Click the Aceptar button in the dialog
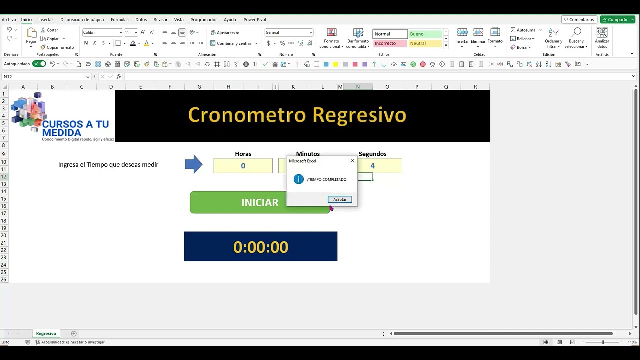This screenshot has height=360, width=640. [340, 199]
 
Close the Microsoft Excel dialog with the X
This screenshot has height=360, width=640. [352, 161]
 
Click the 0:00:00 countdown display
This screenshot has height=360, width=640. [261, 246]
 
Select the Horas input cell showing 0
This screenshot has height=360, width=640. [243, 166]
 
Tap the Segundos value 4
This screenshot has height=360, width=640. [380, 166]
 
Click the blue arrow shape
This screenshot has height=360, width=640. [194, 164]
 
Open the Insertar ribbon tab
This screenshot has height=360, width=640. [46, 20]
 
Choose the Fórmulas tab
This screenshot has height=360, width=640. [120, 20]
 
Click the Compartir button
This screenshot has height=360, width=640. [617, 20]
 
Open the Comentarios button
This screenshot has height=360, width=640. [579, 20]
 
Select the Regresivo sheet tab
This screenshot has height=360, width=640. [46, 333]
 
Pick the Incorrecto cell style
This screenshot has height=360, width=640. [390, 43]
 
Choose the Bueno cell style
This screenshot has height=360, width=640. [425, 34]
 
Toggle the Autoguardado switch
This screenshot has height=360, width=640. [39, 64]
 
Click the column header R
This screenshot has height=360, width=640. [475, 87]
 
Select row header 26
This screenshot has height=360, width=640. [4, 279]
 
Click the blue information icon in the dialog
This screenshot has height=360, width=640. [299, 179]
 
